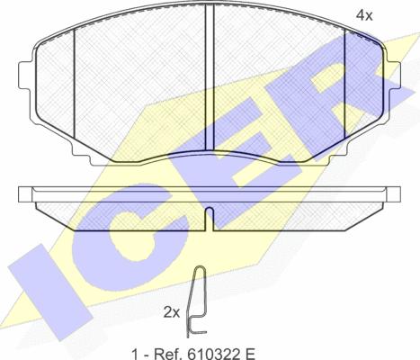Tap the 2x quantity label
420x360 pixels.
click(x=172, y=313)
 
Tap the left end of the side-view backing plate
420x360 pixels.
click(x=25, y=194)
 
